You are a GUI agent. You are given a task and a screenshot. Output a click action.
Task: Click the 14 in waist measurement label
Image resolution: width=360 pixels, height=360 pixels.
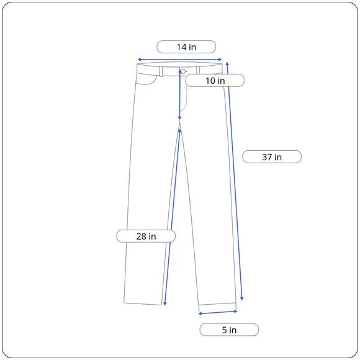186,47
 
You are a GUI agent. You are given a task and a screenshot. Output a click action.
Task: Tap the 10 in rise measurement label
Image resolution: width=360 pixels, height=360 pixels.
215,80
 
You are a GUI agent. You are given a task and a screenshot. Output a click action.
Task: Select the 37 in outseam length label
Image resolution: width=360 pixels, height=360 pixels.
272,157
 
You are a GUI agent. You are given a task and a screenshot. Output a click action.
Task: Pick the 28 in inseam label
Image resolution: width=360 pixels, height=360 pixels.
146,236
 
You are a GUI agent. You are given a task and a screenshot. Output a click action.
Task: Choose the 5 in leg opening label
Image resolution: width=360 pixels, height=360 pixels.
229,330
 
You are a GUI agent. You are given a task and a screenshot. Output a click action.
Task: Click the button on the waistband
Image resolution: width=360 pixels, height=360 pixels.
183,71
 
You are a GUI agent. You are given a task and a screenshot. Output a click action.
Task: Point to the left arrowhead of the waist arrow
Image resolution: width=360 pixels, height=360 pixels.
139,60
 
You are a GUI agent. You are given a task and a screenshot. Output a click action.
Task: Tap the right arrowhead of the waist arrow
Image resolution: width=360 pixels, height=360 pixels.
220,60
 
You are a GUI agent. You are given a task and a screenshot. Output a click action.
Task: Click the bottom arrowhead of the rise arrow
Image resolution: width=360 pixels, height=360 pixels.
180,118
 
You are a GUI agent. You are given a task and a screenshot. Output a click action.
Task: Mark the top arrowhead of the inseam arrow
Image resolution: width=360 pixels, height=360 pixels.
180,130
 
